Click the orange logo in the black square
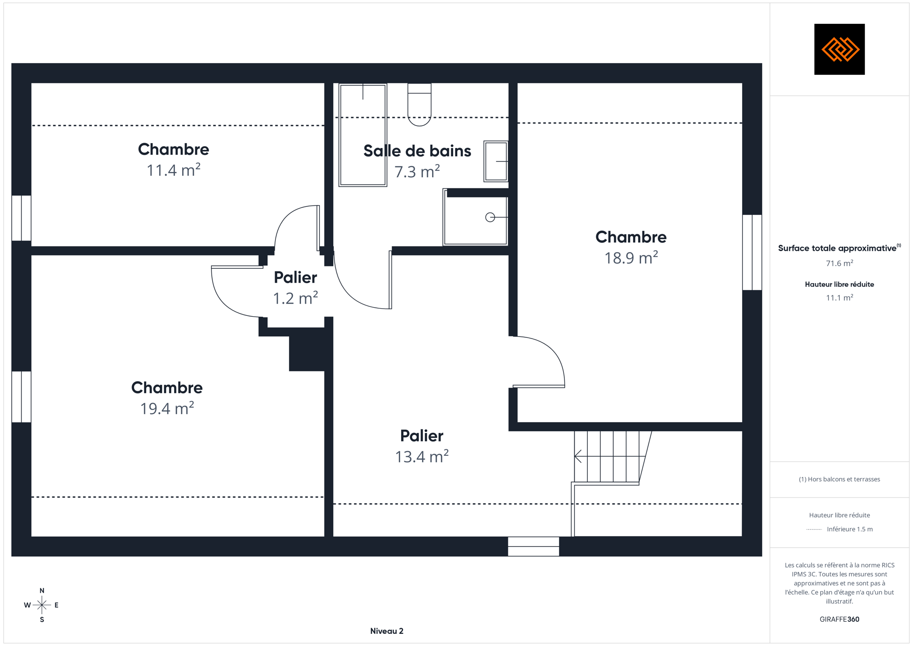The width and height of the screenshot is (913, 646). [x=840, y=49]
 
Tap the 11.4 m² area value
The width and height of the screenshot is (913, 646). [x=173, y=170]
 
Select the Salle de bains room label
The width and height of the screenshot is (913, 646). [x=417, y=151]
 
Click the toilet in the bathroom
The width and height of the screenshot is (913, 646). [x=419, y=105]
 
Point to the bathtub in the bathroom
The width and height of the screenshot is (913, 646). [x=363, y=135]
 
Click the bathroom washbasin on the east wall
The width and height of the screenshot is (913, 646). [x=496, y=161]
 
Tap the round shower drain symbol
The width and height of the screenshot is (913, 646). [x=490, y=217]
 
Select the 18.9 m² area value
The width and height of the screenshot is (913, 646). [x=631, y=258]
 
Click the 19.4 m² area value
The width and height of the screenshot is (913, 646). [x=167, y=408]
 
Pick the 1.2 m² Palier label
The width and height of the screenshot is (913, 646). [x=295, y=277]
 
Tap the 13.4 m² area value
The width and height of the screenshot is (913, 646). [x=422, y=456]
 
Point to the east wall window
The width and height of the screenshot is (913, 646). [x=752, y=252]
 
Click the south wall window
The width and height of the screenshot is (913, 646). [x=533, y=546]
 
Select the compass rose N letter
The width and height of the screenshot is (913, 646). [x=42, y=590]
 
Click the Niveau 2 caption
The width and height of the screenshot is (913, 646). [x=387, y=631]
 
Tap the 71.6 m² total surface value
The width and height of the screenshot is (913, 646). [x=839, y=263]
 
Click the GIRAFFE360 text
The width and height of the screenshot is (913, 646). [x=839, y=619]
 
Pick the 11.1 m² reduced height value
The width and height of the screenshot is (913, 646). [x=839, y=297]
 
